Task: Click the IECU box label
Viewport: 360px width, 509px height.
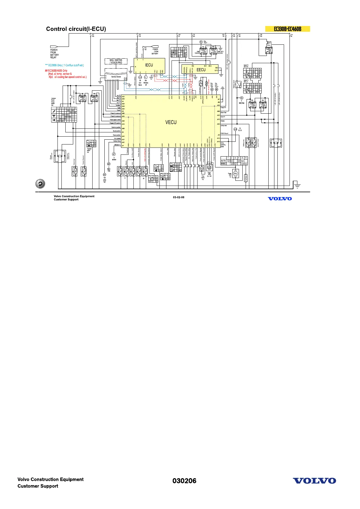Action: (x=149, y=65)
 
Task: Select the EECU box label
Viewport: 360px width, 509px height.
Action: (x=201, y=70)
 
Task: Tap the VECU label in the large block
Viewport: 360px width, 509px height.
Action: (x=171, y=122)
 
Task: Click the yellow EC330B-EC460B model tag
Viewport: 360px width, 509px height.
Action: (x=287, y=29)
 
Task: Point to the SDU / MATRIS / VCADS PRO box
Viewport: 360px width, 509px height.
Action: (x=116, y=61)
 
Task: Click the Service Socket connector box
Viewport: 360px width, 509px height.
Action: (x=116, y=77)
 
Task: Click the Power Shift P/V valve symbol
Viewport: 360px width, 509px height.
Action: (x=236, y=174)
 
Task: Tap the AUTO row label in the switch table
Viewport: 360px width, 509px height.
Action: (x=224, y=161)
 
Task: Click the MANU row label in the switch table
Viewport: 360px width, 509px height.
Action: (x=224, y=164)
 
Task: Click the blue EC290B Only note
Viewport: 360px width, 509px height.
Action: (x=64, y=65)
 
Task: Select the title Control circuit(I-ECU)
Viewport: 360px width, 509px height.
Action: (x=76, y=29)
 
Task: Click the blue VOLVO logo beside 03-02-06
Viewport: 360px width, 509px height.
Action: (x=280, y=199)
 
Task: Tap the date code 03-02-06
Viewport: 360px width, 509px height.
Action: (x=178, y=197)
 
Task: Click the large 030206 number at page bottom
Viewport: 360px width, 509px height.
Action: (x=184, y=481)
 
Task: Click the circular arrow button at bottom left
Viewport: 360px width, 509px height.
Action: (x=40, y=184)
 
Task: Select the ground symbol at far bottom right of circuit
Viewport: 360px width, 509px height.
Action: (x=298, y=186)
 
